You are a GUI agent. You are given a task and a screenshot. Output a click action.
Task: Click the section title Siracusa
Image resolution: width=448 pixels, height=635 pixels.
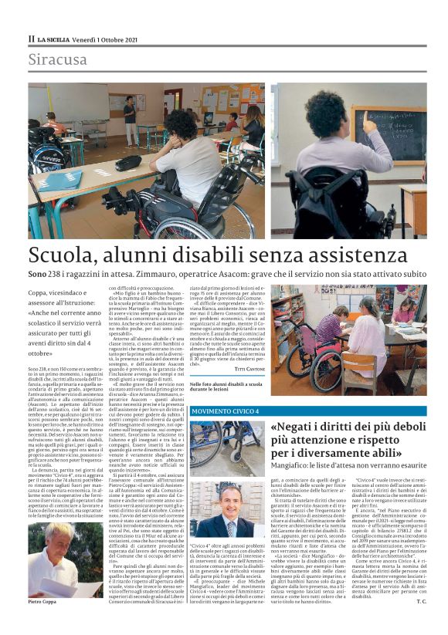[x=57, y=59]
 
